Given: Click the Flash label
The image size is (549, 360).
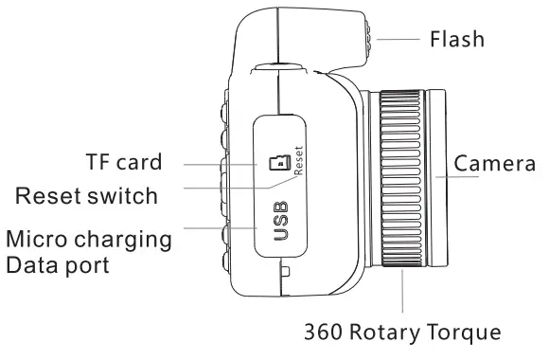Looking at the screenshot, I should click(x=457, y=39).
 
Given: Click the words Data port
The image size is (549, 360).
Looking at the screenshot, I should click(x=57, y=266).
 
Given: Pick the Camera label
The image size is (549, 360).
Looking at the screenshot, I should click(x=495, y=164).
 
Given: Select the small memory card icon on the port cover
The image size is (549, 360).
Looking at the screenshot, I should click(x=279, y=164).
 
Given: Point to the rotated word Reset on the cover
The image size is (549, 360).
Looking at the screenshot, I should click(x=296, y=162).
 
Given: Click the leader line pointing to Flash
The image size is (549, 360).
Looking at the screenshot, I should click(x=400, y=39).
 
